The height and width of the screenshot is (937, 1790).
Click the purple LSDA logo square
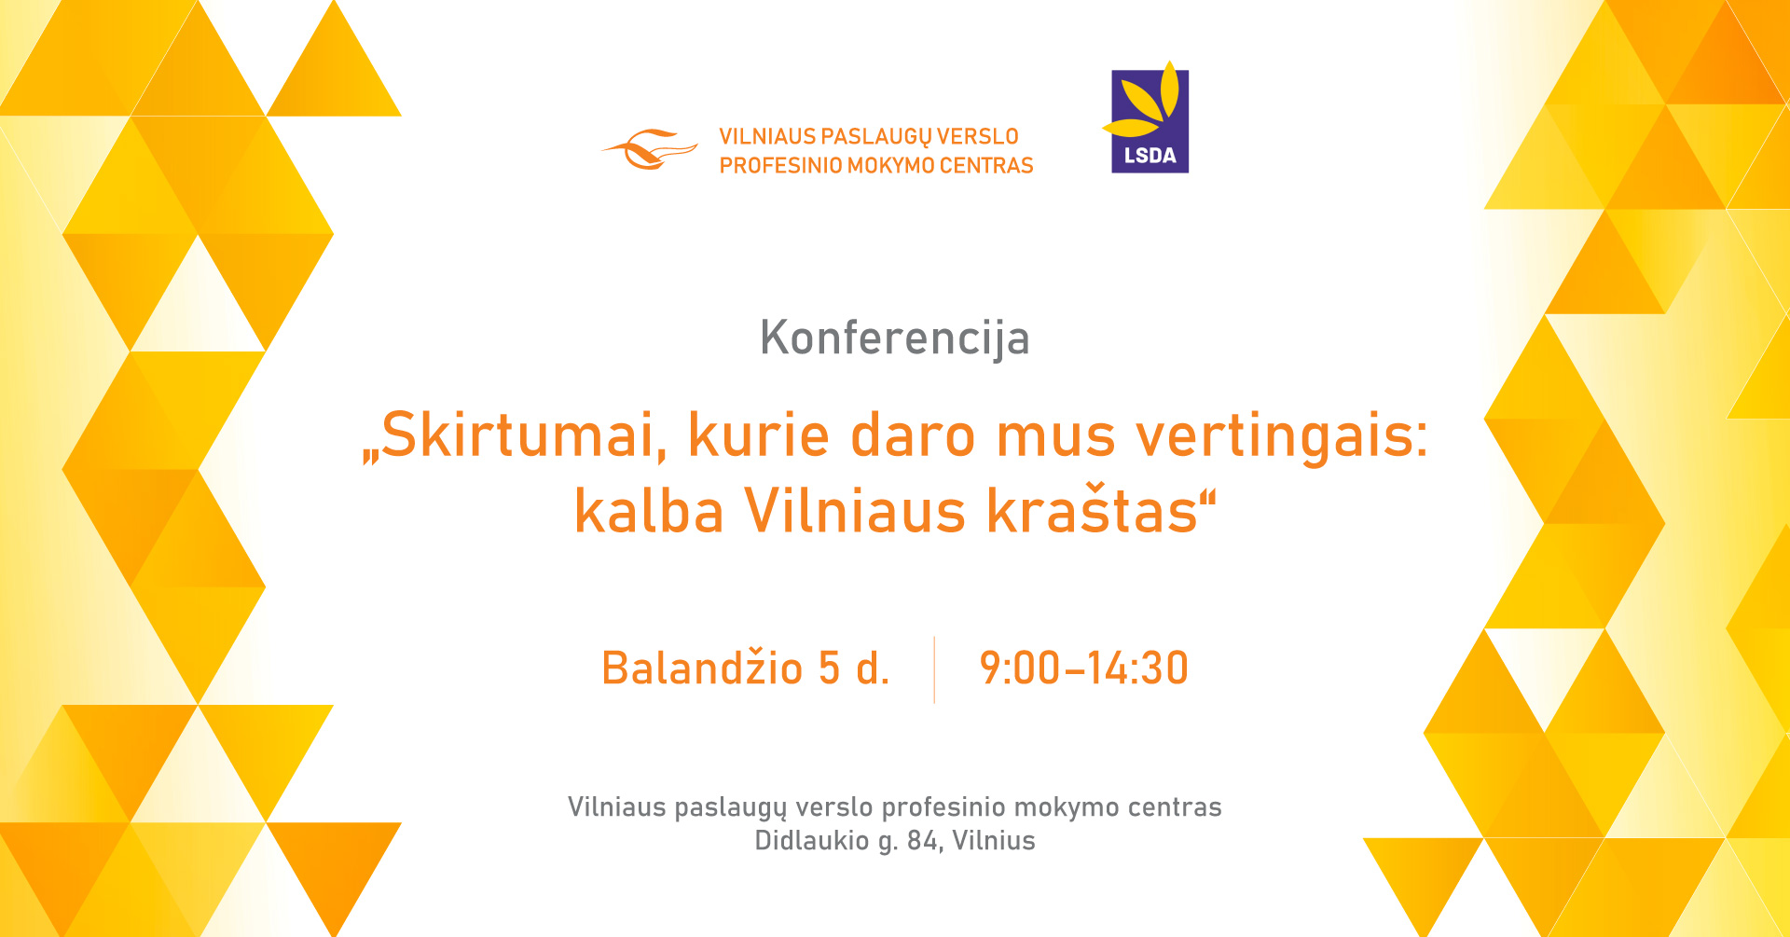click(x=1150, y=121)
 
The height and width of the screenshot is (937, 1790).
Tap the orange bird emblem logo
click(x=650, y=149)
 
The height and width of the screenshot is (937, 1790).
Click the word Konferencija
click(x=895, y=338)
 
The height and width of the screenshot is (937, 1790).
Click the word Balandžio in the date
click(x=702, y=667)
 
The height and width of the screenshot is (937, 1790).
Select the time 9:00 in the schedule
click(x=1019, y=668)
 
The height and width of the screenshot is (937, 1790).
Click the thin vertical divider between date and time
click(x=934, y=669)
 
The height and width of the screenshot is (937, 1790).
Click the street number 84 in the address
click(x=923, y=841)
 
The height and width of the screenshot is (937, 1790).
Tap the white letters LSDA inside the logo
click(x=1150, y=156)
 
